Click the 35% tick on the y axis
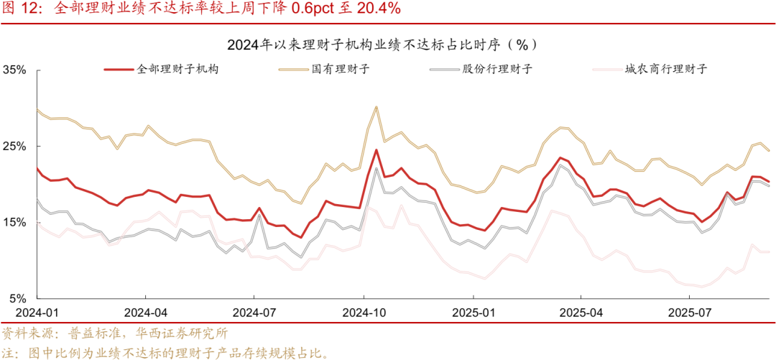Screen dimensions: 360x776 (15, 70)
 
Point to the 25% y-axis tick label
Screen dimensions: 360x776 (15, 147)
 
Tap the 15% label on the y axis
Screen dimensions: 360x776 (15, 223)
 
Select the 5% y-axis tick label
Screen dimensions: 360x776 (18, 298)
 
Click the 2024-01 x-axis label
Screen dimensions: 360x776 (37, 313)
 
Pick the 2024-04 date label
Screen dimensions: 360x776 (146, 313)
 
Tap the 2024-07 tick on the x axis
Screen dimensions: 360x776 (254, 313)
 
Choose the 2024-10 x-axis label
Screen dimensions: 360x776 (364, 313)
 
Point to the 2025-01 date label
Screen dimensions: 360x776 (473, 313)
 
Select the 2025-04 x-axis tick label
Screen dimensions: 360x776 (581, 313)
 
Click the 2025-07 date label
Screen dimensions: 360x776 (689, 313)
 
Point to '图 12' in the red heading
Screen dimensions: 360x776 (22, 9)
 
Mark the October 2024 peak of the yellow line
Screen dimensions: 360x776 (377, 106)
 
